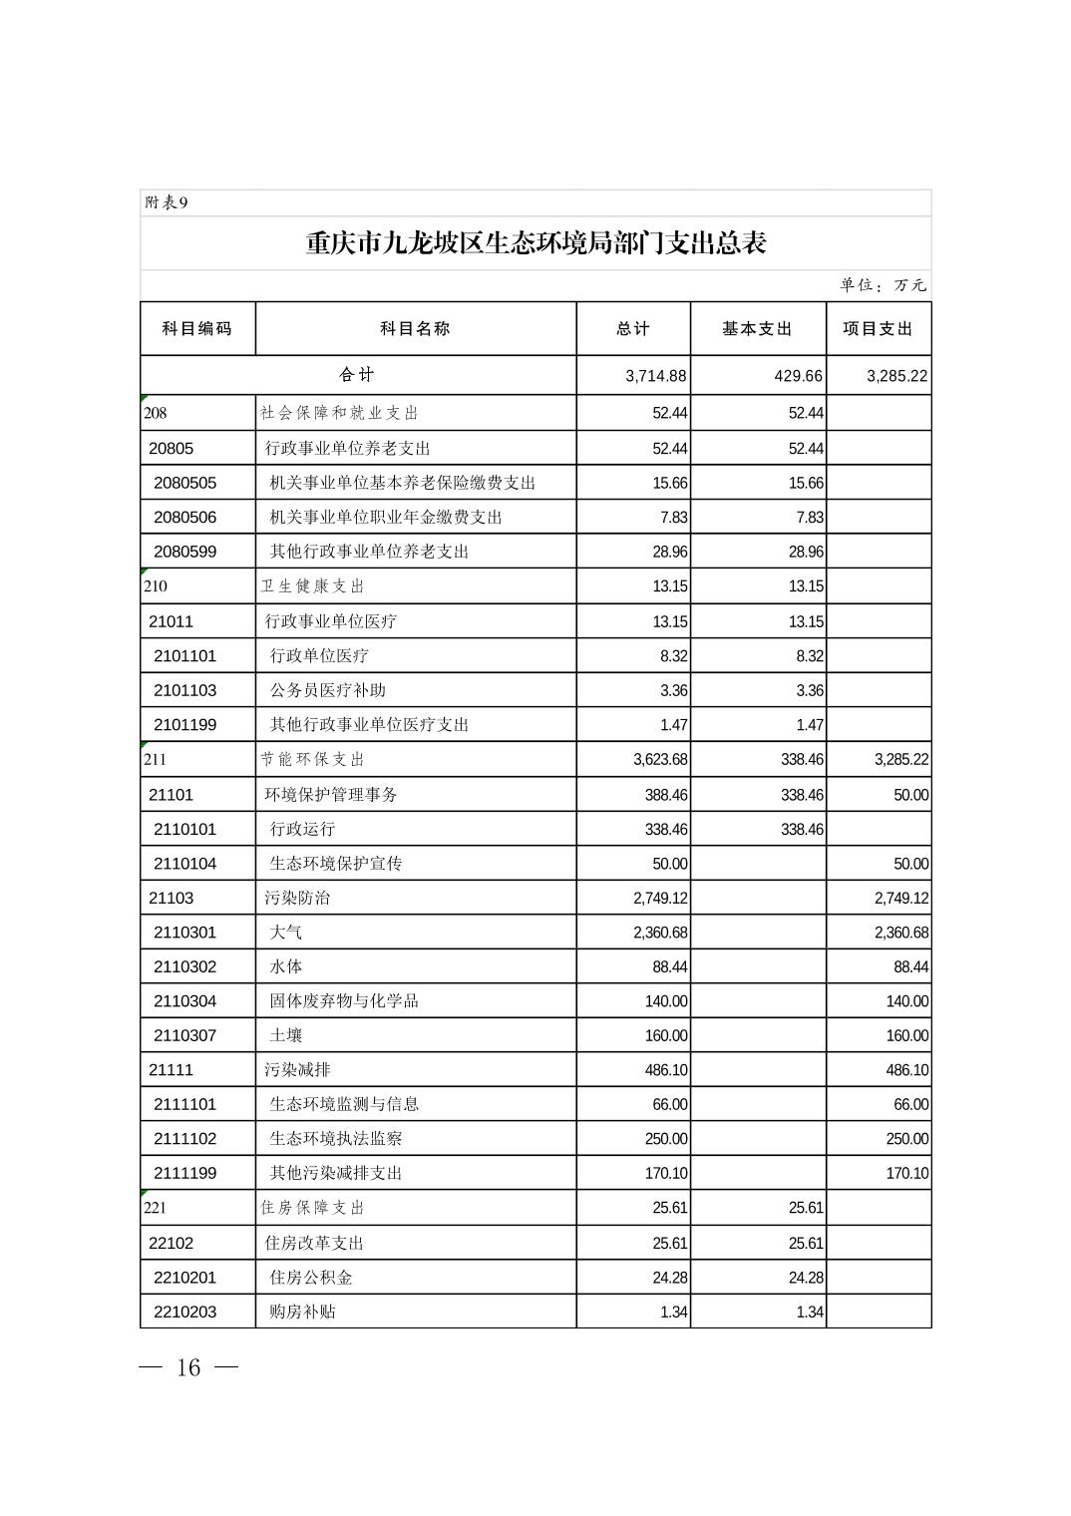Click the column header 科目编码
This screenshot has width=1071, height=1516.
tap(196, 329)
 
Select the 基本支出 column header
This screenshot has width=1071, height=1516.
tap(757, 329)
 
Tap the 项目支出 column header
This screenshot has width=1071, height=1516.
tap(878, 329)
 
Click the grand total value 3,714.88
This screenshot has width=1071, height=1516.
tap(656, 376)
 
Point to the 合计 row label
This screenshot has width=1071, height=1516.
tap(357, 375)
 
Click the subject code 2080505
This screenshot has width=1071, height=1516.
tap(184, 483)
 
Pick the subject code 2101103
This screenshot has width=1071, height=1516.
tap(184, 690)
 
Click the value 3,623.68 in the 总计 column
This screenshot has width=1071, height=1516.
tap(660, 760)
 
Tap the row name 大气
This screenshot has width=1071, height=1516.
tap(286, 933)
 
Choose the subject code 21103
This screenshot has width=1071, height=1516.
tap(171, 898)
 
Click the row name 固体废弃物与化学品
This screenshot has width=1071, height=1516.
tap(344, 1001)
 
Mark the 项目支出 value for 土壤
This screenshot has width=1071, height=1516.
tap(906, 1036)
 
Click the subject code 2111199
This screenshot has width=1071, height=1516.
tap(184, 1173)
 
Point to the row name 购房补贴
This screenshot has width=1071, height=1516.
tap(302, 1312)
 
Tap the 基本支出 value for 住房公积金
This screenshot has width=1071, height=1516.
tap(806, 1278)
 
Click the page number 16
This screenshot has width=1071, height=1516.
tap(188, 1367)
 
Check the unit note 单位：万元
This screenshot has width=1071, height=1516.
tap(883, 285)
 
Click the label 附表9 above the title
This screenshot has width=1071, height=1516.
tap(167, 202)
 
